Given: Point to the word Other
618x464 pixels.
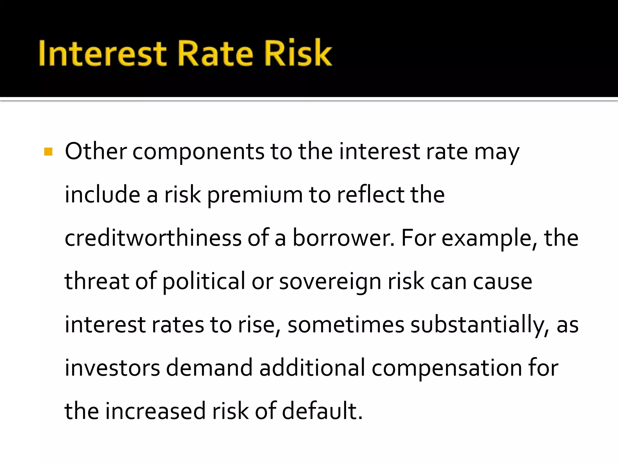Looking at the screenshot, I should [x=96, y=151].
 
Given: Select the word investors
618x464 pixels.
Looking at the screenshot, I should [x=112, y=368].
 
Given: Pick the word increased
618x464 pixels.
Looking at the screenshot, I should [x=155, y=411].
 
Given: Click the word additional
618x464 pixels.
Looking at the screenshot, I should [x=312, y=368].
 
